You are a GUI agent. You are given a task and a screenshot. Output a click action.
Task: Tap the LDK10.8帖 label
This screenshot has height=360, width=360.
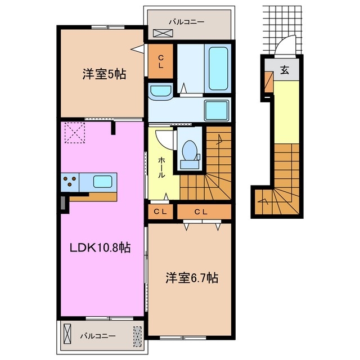(100, 247)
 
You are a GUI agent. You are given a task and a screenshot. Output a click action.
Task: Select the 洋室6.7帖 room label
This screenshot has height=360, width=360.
(191, 277)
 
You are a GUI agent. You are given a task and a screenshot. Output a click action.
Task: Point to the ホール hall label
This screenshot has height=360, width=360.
(161, 168)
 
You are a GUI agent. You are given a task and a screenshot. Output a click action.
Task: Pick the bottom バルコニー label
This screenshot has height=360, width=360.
(97, 336)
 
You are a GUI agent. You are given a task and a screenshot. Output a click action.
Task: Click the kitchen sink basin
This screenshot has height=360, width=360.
(102, 181)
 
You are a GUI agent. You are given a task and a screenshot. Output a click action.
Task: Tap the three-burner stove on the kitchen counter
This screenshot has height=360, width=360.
(70, 181)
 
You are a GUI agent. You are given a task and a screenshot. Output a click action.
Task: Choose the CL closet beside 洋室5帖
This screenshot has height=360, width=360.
(161, 61)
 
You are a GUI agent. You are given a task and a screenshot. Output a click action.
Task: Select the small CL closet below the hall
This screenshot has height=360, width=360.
(160, 212)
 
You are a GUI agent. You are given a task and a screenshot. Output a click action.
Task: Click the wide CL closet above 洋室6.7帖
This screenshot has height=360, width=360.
(204, 212)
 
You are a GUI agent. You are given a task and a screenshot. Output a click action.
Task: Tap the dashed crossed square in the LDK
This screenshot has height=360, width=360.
(73, 133)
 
